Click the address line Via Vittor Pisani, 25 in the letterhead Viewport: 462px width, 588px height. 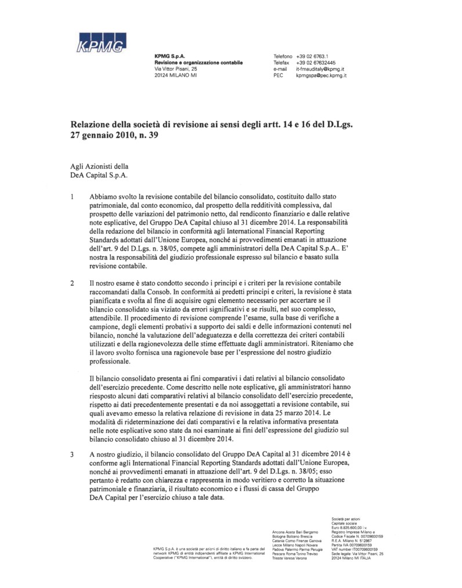click(176, 69)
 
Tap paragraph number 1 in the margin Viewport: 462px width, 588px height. click(72, 197)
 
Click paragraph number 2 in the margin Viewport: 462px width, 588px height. click(72, 283)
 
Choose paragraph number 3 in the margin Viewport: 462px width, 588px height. click(72, 454)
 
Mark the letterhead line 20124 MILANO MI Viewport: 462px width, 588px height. click(176, 76)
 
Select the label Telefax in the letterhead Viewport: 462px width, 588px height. click(282, 62)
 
